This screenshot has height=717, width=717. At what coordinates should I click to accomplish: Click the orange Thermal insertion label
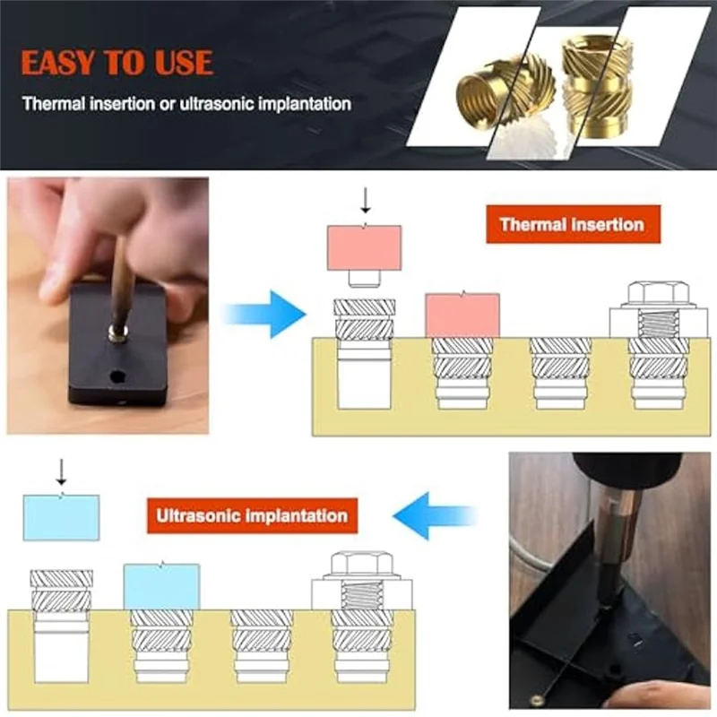click(x=573, y=224)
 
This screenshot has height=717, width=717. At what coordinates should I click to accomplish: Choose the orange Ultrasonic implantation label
click(x=252, y=516)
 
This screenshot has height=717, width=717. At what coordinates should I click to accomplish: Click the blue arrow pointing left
click(x=436, y=516)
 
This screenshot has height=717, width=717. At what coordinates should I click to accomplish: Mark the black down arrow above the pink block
click(x=364, y=199)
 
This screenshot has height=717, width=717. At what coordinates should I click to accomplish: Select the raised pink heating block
click(x=364, y=248)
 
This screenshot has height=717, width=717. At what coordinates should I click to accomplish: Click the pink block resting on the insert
click(x=462, y=315)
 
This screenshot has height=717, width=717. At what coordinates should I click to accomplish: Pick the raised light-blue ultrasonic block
click(x=61, y=517)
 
